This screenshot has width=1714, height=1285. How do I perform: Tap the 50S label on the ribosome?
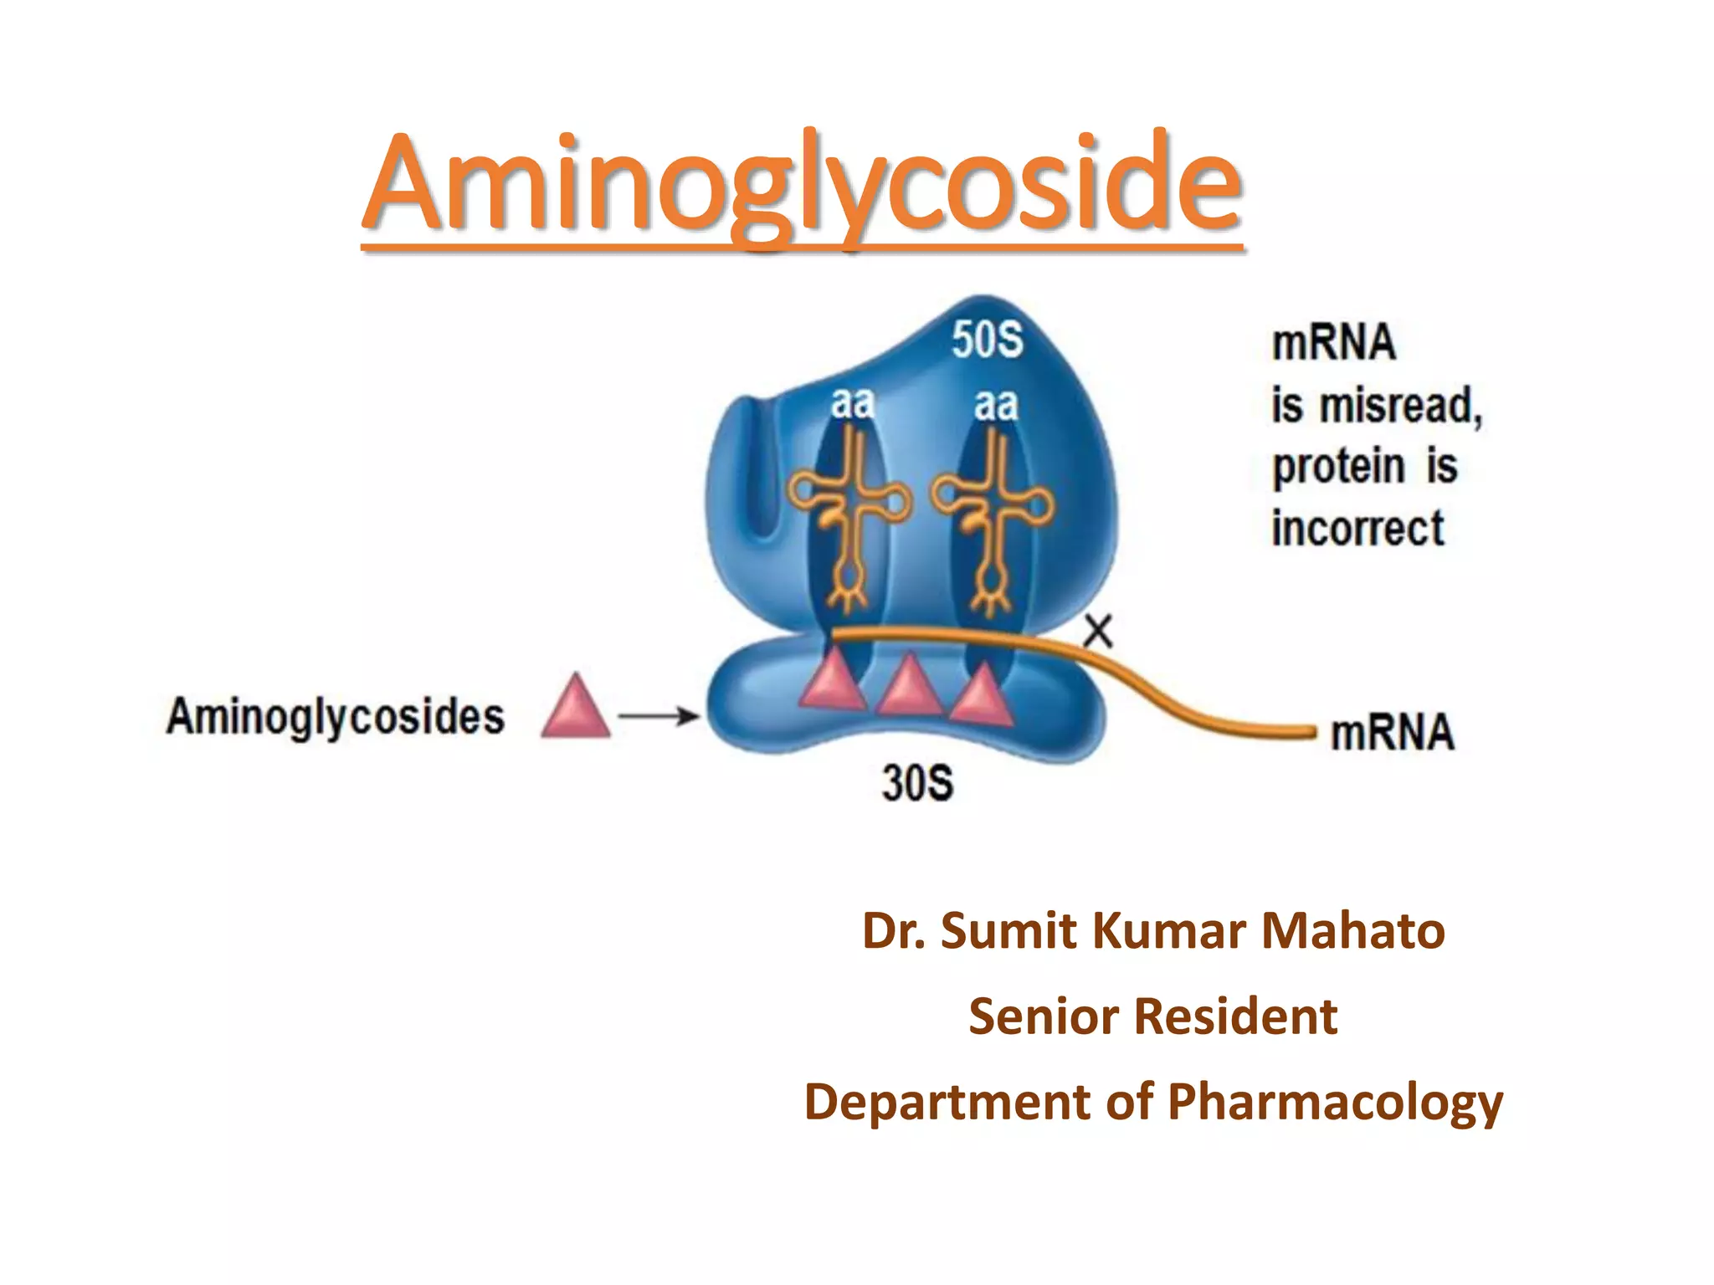point(988,340)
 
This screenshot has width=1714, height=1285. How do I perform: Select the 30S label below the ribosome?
point(917,784)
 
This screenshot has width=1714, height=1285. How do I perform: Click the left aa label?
point(853,404)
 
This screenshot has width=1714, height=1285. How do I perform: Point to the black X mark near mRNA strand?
point(1098,632)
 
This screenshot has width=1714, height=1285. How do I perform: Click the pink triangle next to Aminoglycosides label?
point(576,708)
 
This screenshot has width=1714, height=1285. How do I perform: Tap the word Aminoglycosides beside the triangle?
point(336,717)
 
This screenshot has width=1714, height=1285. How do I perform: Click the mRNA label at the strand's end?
point(1393,733)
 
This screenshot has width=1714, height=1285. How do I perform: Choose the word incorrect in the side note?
point(1358,529)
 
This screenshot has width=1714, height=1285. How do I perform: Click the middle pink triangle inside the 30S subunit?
point(909,688)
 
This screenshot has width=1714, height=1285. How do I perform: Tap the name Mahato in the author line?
point(1353,931)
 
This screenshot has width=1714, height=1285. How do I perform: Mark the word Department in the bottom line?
point(948,1102)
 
